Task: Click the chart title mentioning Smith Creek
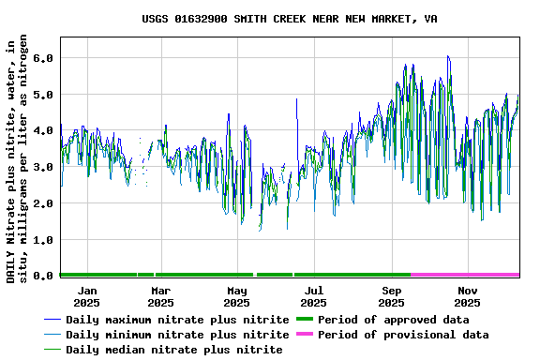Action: click(289, 19)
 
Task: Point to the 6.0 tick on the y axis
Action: click(42, 58)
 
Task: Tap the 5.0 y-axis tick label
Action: click(42, 95)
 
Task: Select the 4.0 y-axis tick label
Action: click(42, 130)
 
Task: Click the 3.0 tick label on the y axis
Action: click(42, 167)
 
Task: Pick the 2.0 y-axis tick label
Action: click(42, 203)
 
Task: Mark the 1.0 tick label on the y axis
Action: click(42, 240)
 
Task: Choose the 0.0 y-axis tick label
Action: click(42, 276)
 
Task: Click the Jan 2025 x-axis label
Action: click(86, 297)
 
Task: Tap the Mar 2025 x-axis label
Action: click(160, 297)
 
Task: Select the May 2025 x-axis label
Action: click(237, 297)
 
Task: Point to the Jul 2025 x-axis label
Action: click(314, 297)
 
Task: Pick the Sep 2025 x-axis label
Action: click(391, 297)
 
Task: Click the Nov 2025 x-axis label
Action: click(468, 297)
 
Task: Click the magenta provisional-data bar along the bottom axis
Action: click(465, 275)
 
